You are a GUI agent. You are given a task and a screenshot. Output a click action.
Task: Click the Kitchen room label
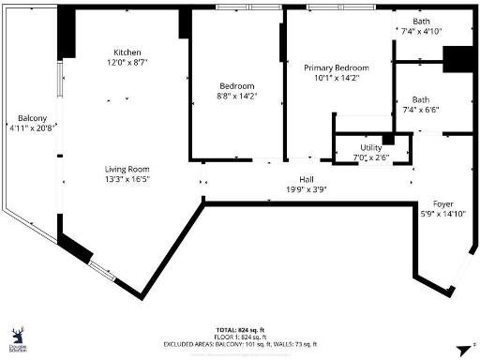pyautogui.click(x=127, y=52)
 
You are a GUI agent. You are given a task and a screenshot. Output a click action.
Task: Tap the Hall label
pyautogui.click(x=306, y=178)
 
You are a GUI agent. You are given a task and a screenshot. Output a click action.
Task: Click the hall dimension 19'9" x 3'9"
pyautogui.click(x=306, y=188)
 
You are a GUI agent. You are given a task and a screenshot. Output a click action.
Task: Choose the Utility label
pyautogui.click(x=372, y=148)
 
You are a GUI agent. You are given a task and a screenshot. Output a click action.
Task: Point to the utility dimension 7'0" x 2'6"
pyautogui.click(x=372, y=158)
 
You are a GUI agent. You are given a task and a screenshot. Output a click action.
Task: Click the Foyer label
pyautogui.click(x=442, y=203)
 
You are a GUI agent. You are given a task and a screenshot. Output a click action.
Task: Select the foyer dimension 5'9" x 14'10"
pyautogui.click(x=442, y=214)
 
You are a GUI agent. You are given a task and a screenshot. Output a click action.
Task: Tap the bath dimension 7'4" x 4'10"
pyautogui.click(x=421, y=31)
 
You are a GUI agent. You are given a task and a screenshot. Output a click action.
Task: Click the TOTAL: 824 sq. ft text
pyautogui.click(x=242, y=331)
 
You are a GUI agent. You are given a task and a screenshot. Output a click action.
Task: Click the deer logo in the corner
pyautogui.click(x=18, y=336)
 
